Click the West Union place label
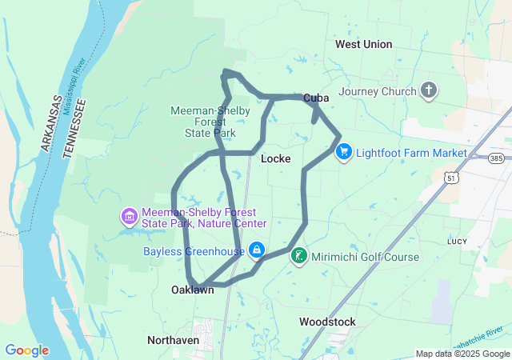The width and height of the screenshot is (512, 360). coord(364,44)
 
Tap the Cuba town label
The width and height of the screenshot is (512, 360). coord(316,98)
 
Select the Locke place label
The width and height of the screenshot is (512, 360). coord(275,158)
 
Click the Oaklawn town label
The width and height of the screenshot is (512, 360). coord(193,290)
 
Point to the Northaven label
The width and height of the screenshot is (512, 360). coord(173,340)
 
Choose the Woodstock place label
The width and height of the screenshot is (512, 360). coord(327,322)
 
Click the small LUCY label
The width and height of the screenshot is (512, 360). coord(458,241)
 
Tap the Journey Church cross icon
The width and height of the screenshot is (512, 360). coord(430,90)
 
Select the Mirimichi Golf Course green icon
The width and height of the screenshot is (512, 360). coord(298,257)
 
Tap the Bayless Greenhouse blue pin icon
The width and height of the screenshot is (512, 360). coord(256,251)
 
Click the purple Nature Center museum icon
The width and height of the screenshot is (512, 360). coord(128,217)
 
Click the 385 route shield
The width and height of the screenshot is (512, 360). coord(497,158)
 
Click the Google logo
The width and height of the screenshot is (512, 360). coord(26,350)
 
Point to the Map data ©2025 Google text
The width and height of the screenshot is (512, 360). coord(462,354)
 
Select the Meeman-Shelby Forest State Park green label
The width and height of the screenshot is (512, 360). coord(210,122)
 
